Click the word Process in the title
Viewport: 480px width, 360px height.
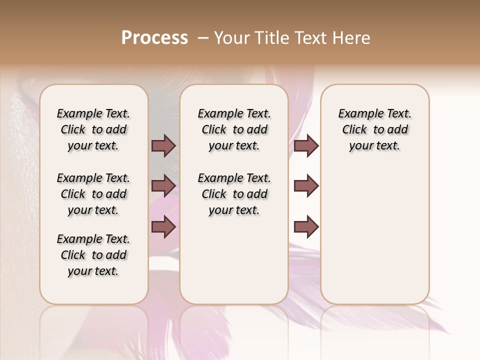154,38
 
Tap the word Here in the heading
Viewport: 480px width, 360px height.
352,38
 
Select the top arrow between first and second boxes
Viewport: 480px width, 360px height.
163,145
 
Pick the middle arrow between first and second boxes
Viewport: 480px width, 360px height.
163,186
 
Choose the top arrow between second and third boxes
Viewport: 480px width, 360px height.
306,145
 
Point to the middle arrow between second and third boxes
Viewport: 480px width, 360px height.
306,186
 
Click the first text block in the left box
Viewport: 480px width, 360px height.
93,129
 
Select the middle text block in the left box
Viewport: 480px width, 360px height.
93,194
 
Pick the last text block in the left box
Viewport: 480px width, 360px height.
93,255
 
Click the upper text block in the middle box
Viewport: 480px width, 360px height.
234,129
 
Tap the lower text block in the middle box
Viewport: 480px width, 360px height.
234,194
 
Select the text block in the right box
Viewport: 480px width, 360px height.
374,129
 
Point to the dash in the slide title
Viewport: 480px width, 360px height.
203,38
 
